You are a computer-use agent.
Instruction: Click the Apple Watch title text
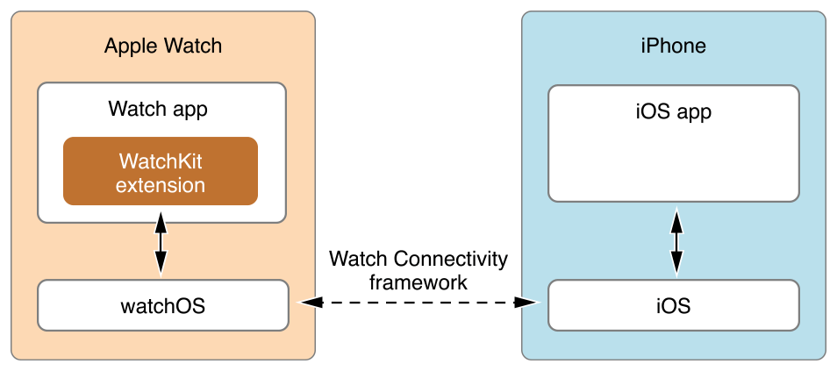[x=163, y=46]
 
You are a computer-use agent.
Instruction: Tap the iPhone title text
[x=673, y=46]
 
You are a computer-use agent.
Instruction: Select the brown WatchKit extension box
[x=160, y=171]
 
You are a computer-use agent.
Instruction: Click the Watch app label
[x=158, y=109]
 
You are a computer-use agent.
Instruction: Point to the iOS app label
[x=673, y=111]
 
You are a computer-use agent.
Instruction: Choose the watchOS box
[x=162, y=305]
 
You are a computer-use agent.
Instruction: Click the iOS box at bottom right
[x=673, y=305]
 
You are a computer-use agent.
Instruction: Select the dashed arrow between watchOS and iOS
[x=419, y=303]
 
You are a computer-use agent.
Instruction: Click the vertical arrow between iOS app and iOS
[x=675, y=241]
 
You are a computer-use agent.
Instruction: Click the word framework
[x=418, y=282]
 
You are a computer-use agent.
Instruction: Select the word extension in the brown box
[x=161, y=185]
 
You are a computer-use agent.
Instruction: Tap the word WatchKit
[x=161, y=161]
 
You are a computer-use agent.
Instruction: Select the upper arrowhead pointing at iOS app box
[x=675, y=217]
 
